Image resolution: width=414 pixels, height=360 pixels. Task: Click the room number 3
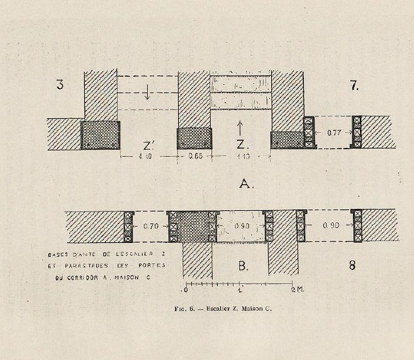60,84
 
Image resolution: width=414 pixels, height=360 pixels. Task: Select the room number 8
352,265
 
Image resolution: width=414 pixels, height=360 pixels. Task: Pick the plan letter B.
243,266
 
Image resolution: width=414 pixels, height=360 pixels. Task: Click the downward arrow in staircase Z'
147,93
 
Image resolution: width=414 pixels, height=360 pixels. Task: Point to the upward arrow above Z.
241,124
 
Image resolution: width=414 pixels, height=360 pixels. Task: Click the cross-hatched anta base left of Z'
100,135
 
